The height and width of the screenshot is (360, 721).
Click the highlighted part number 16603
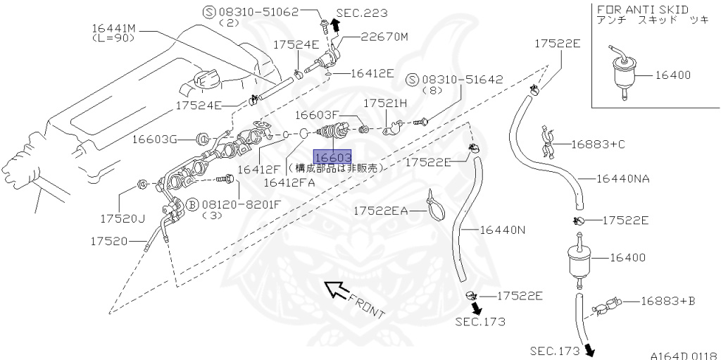[332, 158]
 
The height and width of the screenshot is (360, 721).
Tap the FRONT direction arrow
[337, 289]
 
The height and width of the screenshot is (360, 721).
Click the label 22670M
[384, 37]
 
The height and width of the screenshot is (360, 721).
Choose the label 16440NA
[622, 178]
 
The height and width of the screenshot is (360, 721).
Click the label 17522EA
[380, 210]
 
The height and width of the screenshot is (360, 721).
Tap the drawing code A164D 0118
[681, 354]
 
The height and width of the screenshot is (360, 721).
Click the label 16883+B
[667, 301]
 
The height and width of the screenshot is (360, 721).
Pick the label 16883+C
[598, 144]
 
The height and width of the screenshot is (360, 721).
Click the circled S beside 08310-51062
[208, 11]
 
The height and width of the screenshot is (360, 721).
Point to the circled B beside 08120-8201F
[191, 204]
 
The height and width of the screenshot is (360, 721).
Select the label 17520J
[122, 218]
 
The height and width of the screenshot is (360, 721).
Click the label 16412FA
[289, 182]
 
